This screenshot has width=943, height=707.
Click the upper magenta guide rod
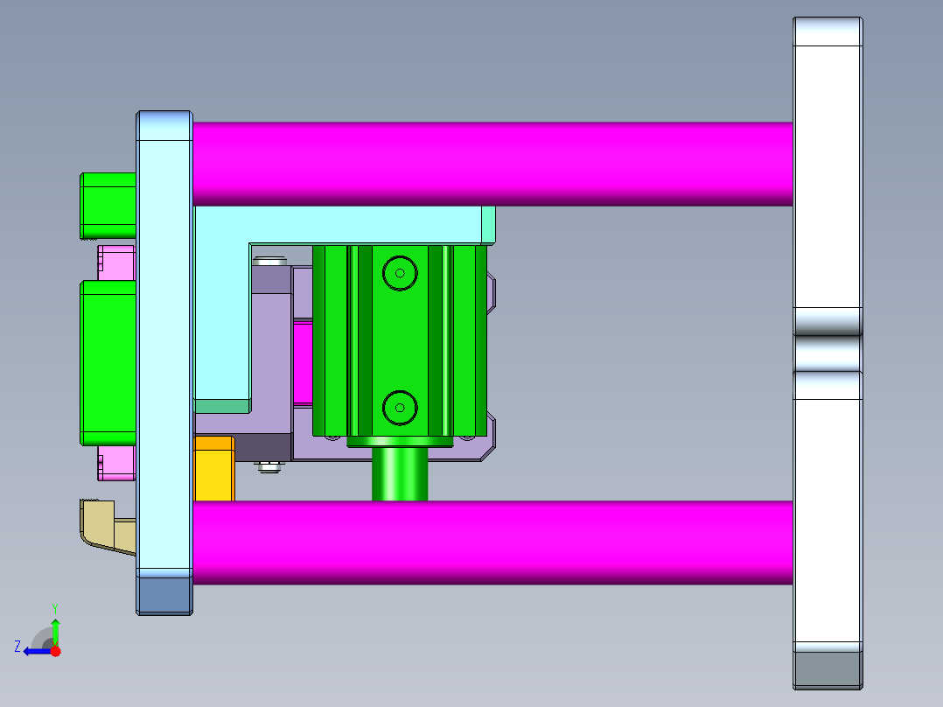(x=490, y=164)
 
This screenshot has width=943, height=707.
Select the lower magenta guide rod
(x=490, y=542)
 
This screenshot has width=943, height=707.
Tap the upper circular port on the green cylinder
(x=400, y=273)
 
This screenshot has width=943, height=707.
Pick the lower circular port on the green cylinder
(x=400, y=407)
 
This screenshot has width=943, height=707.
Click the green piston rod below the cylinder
(x=400, y=474)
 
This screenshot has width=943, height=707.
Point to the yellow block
(x=213, y=470)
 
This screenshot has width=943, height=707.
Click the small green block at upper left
(x=108, y=206)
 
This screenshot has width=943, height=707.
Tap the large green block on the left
(x=108, y=362)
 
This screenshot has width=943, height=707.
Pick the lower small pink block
(x=115, y=463)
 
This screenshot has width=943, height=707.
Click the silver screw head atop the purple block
(x=270, y=261)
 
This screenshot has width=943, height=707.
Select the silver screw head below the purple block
(x=270, y=468)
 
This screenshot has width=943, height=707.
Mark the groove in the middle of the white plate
(x=828, y=353)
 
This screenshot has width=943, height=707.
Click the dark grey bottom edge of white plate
(x=828, y=669)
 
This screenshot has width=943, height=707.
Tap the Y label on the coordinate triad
(x=54, y=607)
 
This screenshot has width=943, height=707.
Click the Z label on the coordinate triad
(x=17, y=647)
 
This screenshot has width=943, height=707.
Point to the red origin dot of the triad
(x=55, y=651)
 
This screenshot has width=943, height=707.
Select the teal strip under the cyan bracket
(x=222, y=406)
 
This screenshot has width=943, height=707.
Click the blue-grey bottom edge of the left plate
(x=164, y=595)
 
